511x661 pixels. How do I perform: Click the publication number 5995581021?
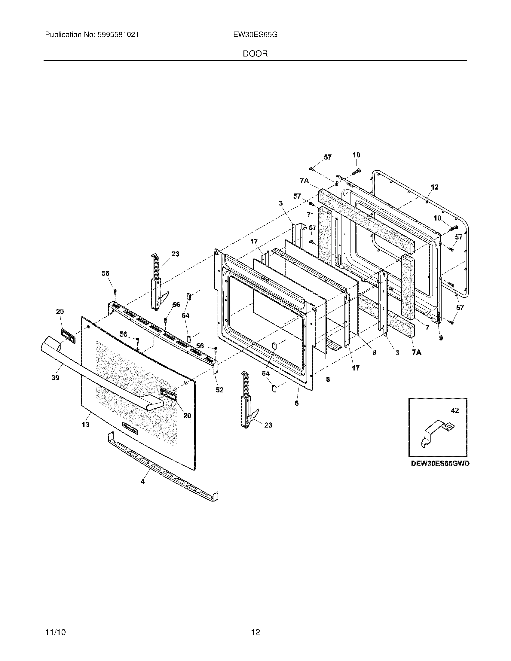[118, 35]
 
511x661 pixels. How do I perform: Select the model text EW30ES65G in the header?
[255, 35]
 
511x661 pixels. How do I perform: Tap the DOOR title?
[255, 54]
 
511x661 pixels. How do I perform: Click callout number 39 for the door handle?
[55, 377]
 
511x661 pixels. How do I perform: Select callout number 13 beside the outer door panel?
[86, 425]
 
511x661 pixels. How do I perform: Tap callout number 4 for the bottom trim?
[142, 481]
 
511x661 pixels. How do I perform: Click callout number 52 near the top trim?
[219, 390]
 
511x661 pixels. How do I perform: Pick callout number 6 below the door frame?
[297, 403]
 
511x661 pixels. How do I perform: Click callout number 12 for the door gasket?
[434, 187]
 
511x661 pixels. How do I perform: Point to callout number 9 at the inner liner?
[441, 338]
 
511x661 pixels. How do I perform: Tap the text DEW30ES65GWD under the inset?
[440, 463]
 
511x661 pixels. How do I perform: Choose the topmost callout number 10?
[356, 155]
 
